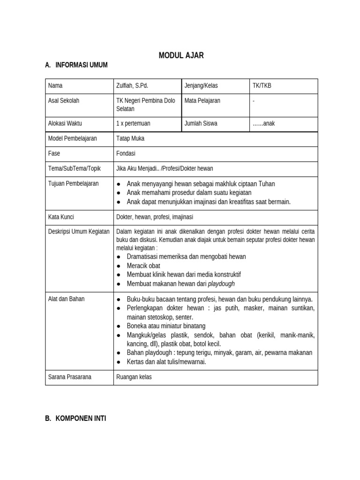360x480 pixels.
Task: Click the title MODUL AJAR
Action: [x=181, y=56]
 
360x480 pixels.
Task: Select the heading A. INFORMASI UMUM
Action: [x=76, y=66]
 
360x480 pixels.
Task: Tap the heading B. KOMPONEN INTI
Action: [x=75, y=418]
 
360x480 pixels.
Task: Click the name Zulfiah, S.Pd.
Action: [x=132, y=86]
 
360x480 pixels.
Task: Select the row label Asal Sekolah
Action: [x=64, y=101]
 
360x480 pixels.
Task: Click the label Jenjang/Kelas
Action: [x=201, y=86]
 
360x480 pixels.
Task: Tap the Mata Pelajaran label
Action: [x=202, y=101]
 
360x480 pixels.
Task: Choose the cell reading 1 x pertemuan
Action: [x=133, y=124]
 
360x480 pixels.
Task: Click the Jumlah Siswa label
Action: [x=201, y=124]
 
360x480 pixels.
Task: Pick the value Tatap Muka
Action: [x=130, y=139]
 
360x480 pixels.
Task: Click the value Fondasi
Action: [x=126, y=153]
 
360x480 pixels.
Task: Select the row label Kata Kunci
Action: [x=61, y=217]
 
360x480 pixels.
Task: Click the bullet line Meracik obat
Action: [x=143, y=266]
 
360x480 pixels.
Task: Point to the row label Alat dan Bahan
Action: [x=67, y=299]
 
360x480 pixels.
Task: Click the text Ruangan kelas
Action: [x=134, y=377]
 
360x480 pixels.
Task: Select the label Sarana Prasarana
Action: [x=70, y=377]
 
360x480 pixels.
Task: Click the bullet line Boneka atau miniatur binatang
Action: [x=166, y=326]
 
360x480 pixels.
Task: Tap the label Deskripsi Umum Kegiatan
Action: [x=79, y=232]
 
